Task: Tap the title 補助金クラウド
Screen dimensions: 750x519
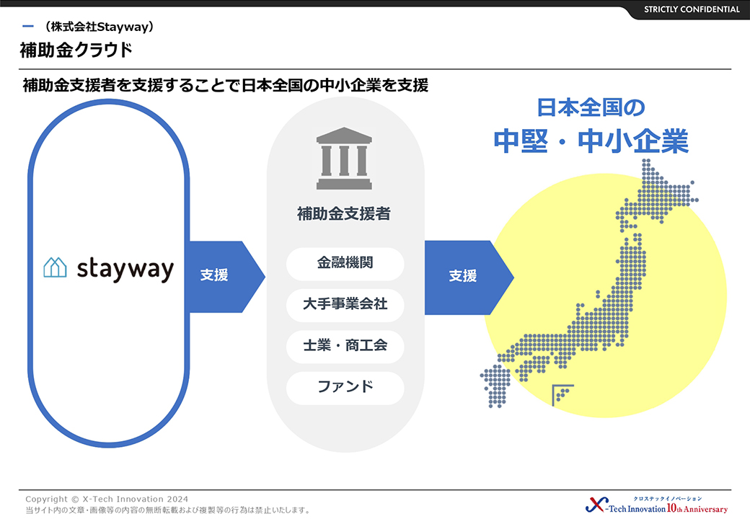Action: point(76,50)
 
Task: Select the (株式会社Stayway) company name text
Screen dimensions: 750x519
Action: point(99,27)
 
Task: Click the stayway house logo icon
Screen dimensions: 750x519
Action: point(55,267)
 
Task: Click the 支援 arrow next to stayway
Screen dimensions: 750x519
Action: point(226,277)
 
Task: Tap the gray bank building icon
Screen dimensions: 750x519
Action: point(344,158)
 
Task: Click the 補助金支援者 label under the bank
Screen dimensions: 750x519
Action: point(344,213)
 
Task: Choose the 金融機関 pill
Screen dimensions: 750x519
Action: point(345,264)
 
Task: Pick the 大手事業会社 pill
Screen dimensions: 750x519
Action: point(345,305)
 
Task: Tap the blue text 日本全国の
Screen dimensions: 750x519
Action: point(591,107)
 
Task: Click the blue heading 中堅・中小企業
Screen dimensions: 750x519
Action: point(591,141)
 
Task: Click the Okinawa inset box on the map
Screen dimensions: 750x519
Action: point(562,395)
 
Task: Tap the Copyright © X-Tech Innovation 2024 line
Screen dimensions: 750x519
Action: point(107,499)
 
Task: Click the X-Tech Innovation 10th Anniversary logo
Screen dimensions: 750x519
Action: point(656,505)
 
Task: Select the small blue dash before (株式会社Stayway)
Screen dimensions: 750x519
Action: point(28,26)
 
